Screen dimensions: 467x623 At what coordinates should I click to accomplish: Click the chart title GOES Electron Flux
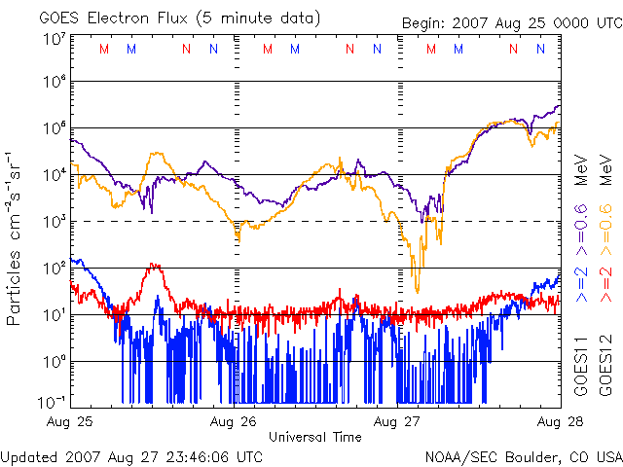pyautogui.click(x=122, y=17)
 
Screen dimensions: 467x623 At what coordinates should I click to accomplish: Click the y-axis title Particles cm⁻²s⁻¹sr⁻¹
pyautogui.click(x=15, y=238)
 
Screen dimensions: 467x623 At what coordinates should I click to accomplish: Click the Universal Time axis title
pyautogui.click(x=315, y=437)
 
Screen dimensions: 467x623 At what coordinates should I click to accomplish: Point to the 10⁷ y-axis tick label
pyautogui.click(x=54, y=40)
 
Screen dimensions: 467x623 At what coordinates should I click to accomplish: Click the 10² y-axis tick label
pyautogui.click(x=54, y=266)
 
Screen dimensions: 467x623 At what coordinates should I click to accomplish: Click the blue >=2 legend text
pyautogui.click(x=581, y=283)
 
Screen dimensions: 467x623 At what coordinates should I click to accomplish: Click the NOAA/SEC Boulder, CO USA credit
pyautogui.click(x=524, y=455)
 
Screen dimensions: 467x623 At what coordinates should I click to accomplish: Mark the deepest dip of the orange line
pyautogui.click(x=418, y=290)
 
